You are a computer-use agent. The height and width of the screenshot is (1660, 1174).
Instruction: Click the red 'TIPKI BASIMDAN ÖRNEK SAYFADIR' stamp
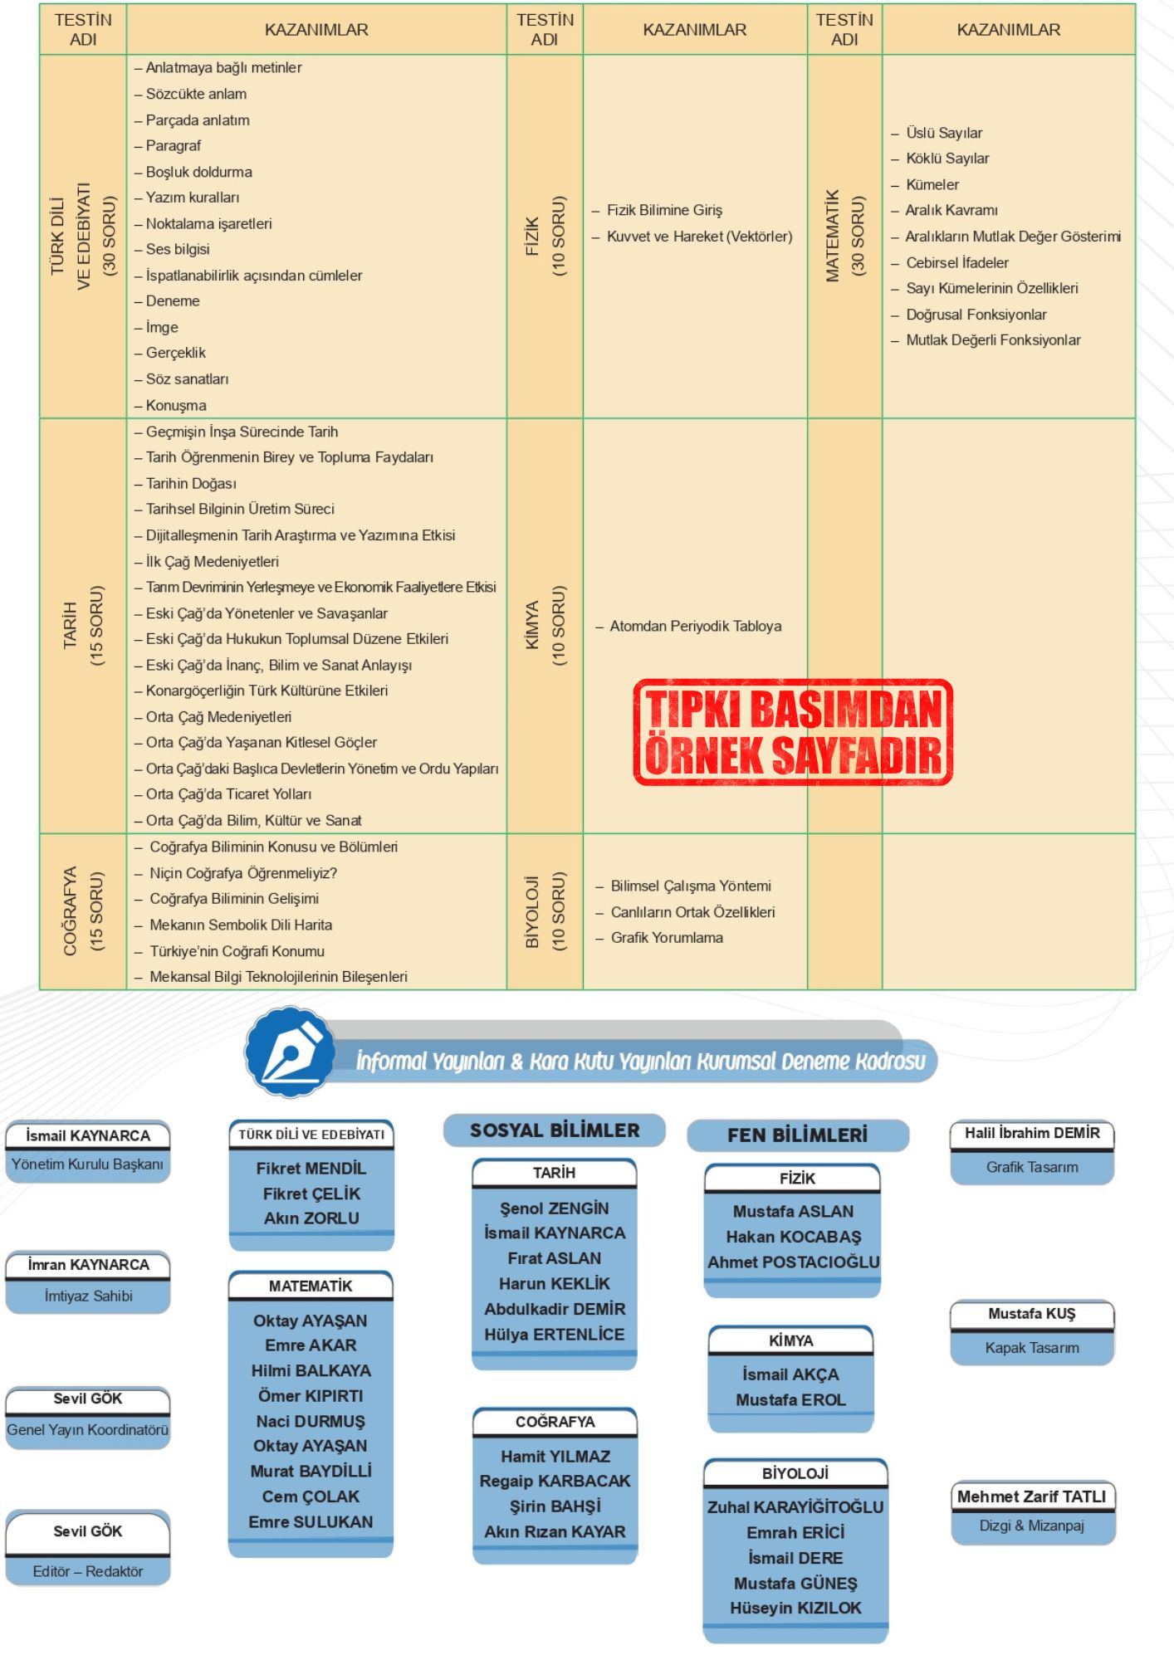point(793,732)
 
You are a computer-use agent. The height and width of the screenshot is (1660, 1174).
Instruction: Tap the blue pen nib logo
point(291,1052)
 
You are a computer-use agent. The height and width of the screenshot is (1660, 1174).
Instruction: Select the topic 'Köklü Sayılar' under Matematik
point(947,159)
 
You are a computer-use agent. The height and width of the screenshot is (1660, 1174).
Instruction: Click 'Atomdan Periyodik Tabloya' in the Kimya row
point(695,626)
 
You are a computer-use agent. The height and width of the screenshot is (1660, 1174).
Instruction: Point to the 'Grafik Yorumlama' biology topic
point(667,938)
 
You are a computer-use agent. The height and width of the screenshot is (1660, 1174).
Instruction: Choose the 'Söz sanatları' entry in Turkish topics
point(187,379)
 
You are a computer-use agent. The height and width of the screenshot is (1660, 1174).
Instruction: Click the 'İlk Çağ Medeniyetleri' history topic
point(212,562)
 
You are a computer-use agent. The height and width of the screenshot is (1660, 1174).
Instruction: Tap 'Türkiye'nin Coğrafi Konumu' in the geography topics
point(237,951)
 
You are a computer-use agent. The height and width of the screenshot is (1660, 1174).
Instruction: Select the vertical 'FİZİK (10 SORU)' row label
point(545,237)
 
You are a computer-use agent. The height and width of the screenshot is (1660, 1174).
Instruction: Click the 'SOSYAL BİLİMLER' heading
point(555,1130)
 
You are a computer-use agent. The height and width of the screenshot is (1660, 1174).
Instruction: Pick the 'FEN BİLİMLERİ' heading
point(797,1135)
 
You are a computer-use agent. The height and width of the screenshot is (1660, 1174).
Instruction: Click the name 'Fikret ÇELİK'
point(311,1194)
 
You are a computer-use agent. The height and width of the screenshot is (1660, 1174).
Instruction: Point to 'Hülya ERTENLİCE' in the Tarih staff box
point(555,1335)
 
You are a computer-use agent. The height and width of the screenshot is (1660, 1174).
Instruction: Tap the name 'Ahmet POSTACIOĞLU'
point(793,1262)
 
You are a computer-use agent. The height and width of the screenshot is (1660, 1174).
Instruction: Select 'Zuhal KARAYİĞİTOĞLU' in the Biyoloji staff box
point(795,1507)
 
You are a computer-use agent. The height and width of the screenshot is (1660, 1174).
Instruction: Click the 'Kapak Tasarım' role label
point(1032,1348)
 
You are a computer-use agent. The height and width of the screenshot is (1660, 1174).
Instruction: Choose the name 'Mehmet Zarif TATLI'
point(1031,1496)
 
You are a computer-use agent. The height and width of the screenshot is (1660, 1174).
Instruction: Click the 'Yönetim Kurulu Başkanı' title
point(87,1164)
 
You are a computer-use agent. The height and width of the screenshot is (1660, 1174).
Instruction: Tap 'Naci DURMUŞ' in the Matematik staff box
point(311,1422)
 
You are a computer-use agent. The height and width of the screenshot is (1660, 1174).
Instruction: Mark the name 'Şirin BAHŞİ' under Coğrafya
point(555,1506)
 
